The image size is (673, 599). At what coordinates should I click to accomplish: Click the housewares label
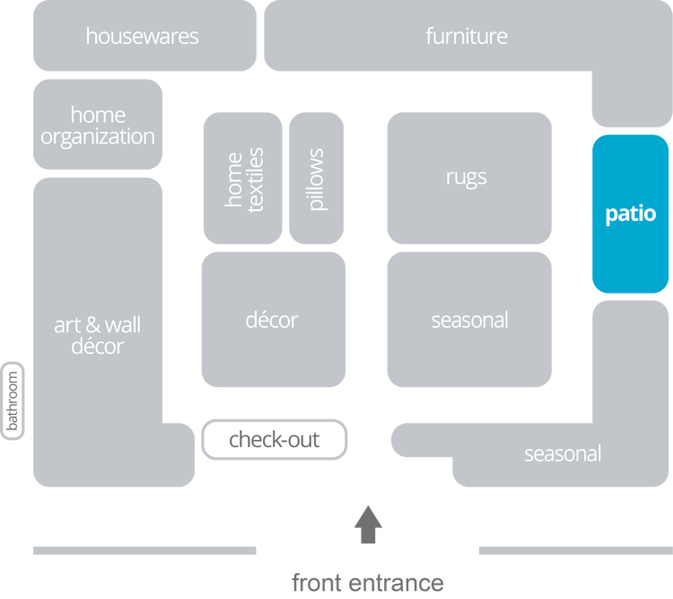pyautogui.click(x=142, y=37)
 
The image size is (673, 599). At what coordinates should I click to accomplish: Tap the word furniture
pyautogui.click(x=466, y=37)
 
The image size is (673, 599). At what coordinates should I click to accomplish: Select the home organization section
pyautogui.click(x=97, y=126)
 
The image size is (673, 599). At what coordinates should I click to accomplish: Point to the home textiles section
pyautogui.click(x=243, y=179)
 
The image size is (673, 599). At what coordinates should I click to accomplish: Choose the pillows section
pyautogui.click(x=316, y=179)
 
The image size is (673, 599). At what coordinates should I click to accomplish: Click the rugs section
pyautogui.click(x=468, y=177)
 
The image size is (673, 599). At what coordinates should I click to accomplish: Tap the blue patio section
pyautogui.click(x=630, y=214)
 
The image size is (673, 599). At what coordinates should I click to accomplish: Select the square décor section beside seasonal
pyautogui.click(x=273, y=320)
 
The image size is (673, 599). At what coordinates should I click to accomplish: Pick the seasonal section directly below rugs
pyautogui.click(x=469, y=320)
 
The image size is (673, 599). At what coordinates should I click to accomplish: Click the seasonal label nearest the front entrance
pyautogui.click(x=562, y=454)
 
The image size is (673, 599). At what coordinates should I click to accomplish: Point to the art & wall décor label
pyautogui.click(x=97, y=334)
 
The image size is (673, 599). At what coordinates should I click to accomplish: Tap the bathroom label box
pyautogui.click(x=13, y=401)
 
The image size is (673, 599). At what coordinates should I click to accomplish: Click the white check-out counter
pyautogui.click(x=274, y=440)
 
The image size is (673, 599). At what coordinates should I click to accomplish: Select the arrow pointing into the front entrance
pyautogui.click(x=368, y=524)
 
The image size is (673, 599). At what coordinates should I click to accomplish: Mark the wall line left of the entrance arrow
pyautogui.click(x=144, y=551)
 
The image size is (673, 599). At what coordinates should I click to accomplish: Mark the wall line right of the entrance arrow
pyautogui.click(x=574, y=551)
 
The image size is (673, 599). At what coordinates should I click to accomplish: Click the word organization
pyautogui.click(x=97, y=137)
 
